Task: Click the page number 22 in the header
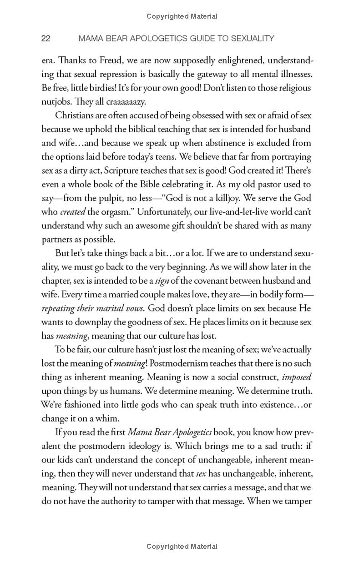[45, 39]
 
